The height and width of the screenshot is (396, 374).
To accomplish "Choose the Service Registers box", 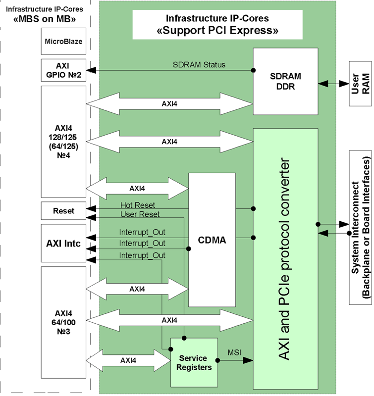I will coord(195,363).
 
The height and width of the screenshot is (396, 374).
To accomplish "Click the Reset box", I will coord(63,210).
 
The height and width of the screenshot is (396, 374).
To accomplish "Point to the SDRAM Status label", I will coord(199,64).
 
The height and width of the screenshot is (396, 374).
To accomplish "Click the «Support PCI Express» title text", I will coord(217,31).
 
